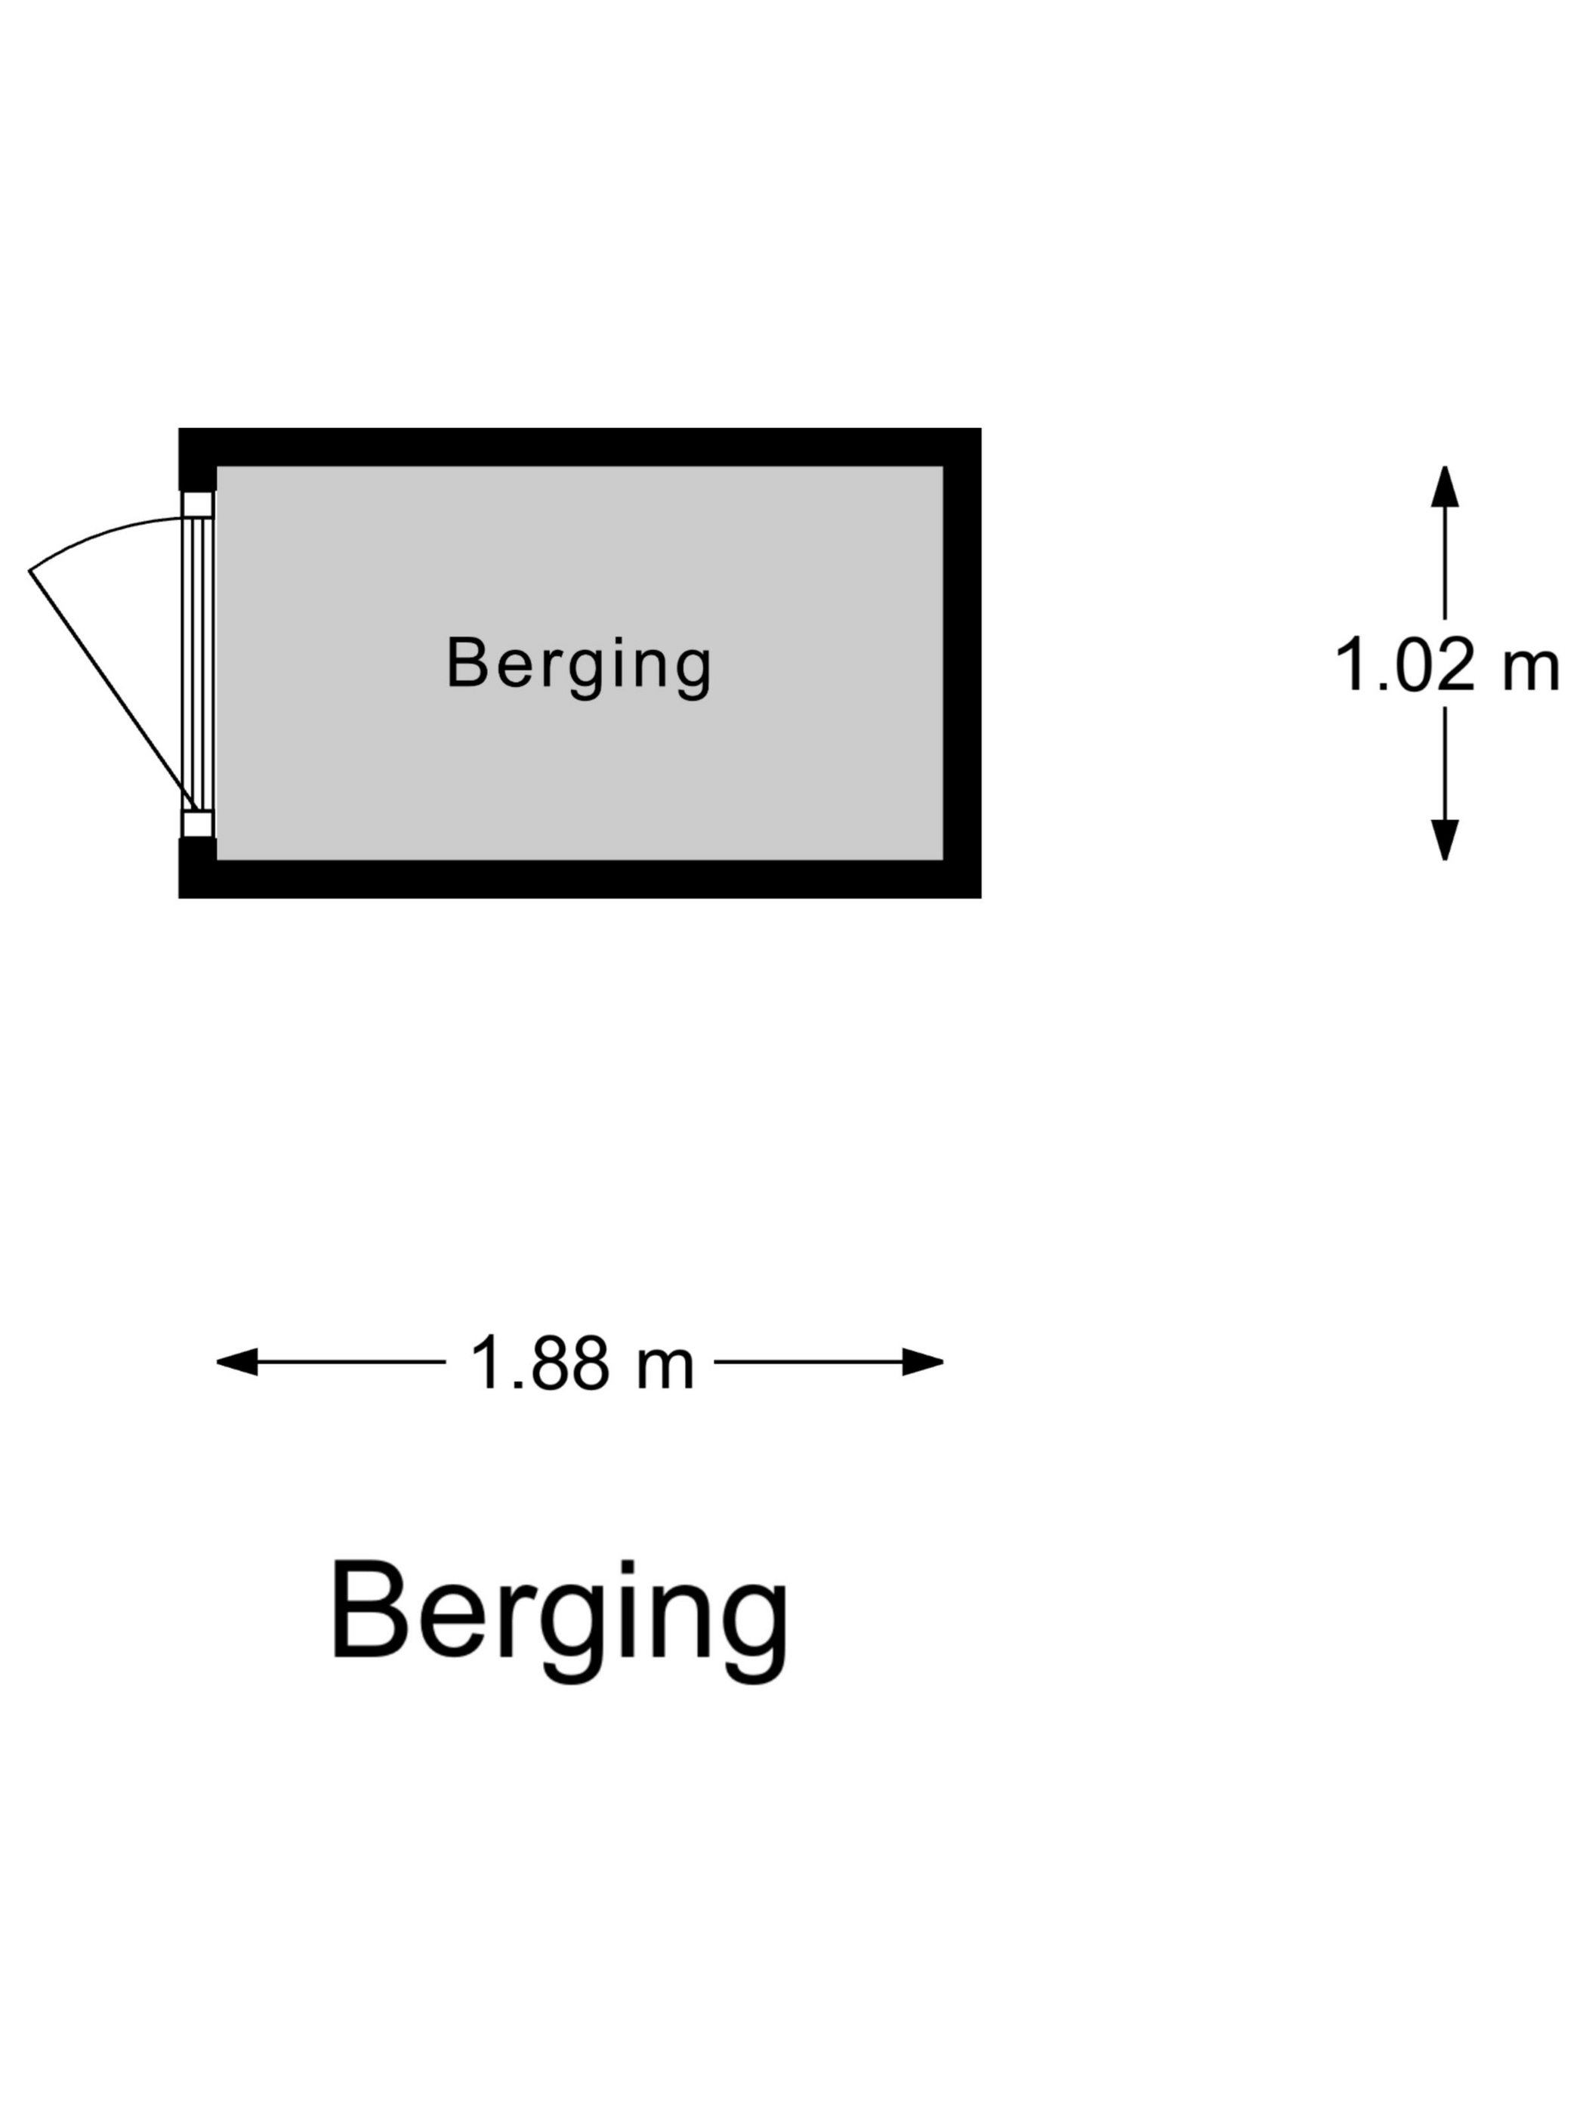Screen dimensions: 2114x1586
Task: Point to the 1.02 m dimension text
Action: click(1446, 665)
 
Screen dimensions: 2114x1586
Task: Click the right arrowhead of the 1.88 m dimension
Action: click(923, 1362)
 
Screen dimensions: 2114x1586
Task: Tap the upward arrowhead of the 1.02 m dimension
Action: click(1445, 486)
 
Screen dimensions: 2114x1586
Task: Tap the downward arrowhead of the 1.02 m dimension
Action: click(1445, 840)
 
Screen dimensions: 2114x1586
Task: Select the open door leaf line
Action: click(110, 684)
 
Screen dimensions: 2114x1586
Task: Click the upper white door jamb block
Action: click(197, 504)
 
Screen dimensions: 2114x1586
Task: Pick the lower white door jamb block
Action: click(197, 824)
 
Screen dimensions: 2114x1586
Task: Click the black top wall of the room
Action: click(579, 447)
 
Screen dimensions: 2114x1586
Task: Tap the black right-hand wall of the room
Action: click(961, 663)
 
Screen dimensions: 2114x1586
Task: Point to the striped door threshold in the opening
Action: click(199, 664)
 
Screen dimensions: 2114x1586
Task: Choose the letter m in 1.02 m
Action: click(1529, 669)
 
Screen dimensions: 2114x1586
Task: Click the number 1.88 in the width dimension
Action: click(540, 1363)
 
